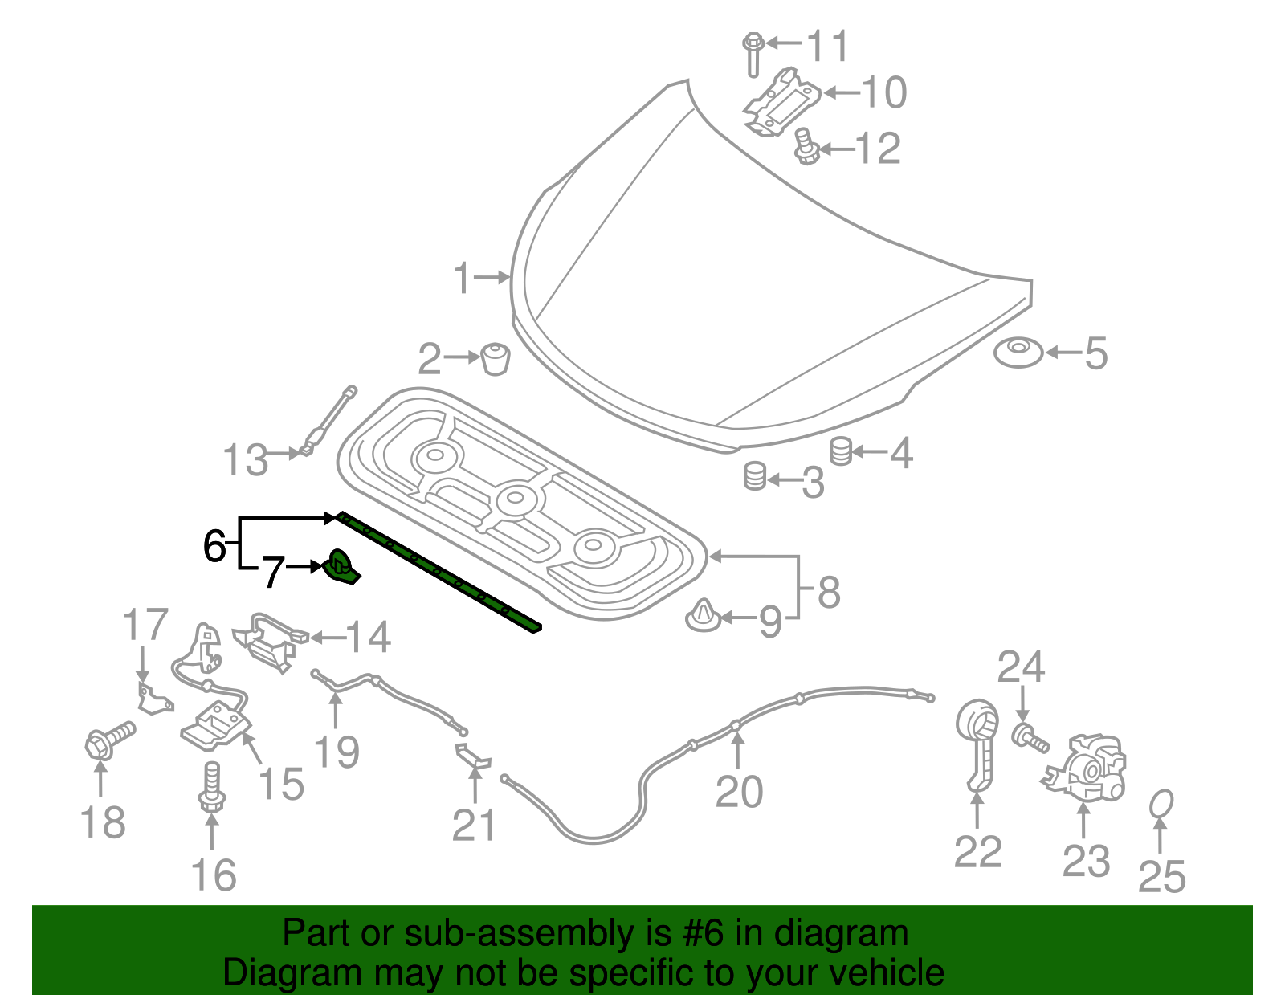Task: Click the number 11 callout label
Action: click(x=827, y=46)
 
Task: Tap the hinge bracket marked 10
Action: click(x=781, y=102)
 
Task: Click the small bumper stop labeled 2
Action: click(x=496, y=358)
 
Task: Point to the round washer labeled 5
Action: click(x=1018, y=353)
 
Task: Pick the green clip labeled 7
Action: click(x=342, y=567)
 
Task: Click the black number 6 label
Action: click(x=214, y=546)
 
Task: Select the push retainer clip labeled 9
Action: click(x=703, y=616)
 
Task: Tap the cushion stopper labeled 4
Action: click(x=840, y=451)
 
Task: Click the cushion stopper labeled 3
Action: click(x=754, y=477)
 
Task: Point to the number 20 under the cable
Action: click(x=739, y=792)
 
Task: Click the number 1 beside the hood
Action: click(x=462, y=278)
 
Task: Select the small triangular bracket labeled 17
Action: click(x=152, y=699)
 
